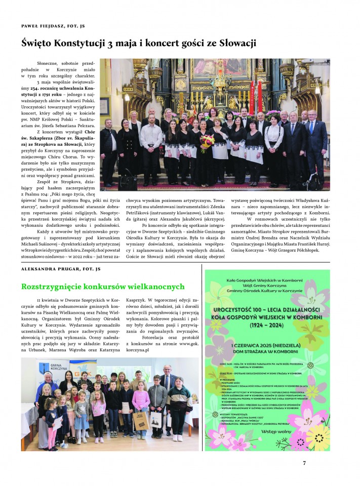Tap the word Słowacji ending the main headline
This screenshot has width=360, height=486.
tap(233, 44)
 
